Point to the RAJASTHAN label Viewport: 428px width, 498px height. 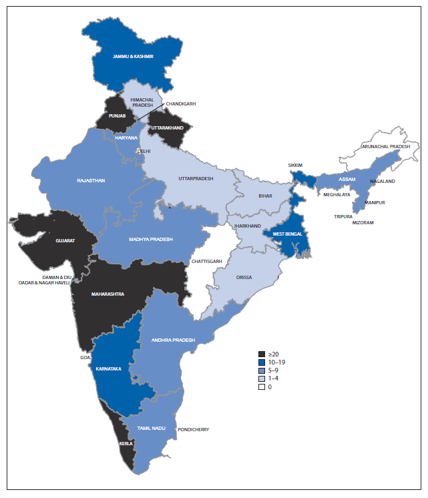coord(91,180)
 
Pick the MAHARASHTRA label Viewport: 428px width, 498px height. coord(108,294)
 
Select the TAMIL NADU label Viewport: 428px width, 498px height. coord(151,427)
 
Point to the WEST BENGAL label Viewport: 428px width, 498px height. coord(287,234)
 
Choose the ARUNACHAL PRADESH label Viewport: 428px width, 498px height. coord(386,146)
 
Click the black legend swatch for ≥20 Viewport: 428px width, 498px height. coord(263,354)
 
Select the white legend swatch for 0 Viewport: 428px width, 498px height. coord(263,387)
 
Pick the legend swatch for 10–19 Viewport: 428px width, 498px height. coord(263,362)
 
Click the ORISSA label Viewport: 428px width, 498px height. coord(242,277)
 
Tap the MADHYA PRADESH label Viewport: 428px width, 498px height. coord(151,240)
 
